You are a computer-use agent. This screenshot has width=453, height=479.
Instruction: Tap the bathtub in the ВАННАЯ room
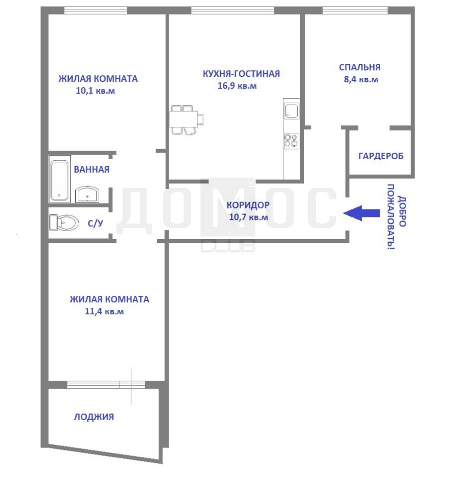[59, 180]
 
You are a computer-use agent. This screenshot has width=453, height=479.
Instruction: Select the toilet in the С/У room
[63, 223]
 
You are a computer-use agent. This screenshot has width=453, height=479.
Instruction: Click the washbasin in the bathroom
[87, 194]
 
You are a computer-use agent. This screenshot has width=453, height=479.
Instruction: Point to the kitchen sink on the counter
[291, 111]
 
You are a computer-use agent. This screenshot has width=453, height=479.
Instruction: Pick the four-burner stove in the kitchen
[291, 141]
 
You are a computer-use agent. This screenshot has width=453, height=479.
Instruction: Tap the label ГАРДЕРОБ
[381, 156]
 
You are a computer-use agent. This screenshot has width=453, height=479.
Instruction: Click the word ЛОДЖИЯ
[94, 417]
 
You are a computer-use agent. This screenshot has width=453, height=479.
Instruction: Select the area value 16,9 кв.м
[237, 86]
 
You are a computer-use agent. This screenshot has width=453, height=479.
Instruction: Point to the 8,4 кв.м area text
[361, 79]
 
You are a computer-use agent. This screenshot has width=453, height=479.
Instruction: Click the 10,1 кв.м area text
[95, 91]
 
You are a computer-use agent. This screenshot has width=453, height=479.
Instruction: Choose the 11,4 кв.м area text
[104, 311]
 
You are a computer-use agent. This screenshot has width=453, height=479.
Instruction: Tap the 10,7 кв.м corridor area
[248, 217]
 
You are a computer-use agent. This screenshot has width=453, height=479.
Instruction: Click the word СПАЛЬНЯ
[360, 67]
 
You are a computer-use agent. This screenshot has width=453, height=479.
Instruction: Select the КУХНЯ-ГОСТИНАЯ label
[241, 74]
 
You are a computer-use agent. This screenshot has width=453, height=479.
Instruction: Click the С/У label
[95, 224]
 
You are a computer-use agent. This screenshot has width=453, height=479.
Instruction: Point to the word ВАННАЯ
[92, 170]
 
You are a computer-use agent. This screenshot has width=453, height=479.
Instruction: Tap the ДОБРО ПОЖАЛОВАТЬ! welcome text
[397, 217]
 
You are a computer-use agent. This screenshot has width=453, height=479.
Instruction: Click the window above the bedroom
[355, 10]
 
